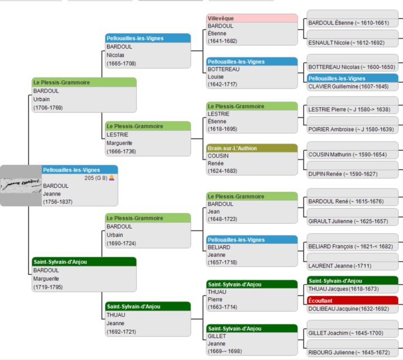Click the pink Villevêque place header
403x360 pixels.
[x=252, y=19]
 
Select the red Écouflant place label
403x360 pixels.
[x=353, y=301]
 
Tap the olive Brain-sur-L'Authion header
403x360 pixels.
[x=252, y=149]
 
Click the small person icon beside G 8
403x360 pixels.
[x=112, y=178]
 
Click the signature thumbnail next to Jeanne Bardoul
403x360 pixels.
[x=21, y=182]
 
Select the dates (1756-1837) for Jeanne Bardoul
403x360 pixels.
[x=58, y=201]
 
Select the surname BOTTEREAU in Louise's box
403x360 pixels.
[x=224, y=69]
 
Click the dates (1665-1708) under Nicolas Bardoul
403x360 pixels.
[x=121, y=63]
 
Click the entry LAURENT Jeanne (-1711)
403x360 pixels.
[x=339, y=265]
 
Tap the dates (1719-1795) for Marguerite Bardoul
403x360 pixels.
[x=48, y=287]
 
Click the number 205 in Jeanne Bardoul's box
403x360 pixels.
[x=90, y=178]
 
